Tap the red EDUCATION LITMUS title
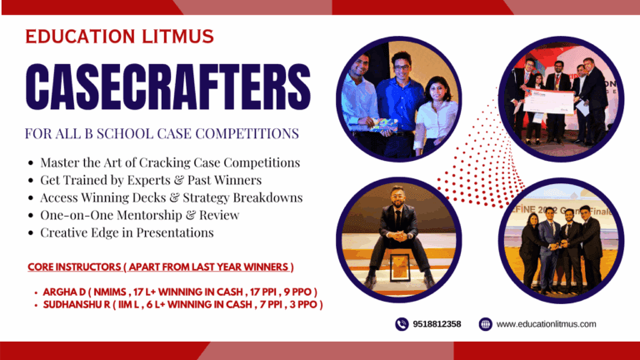(x=119, y=37)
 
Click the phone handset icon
(x=402, y=324)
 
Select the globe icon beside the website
(x=485, y=324)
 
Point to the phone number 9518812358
(x=437, y=324)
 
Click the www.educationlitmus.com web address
(x=546, y=324)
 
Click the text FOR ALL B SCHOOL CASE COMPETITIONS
(x=162, y=133)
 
